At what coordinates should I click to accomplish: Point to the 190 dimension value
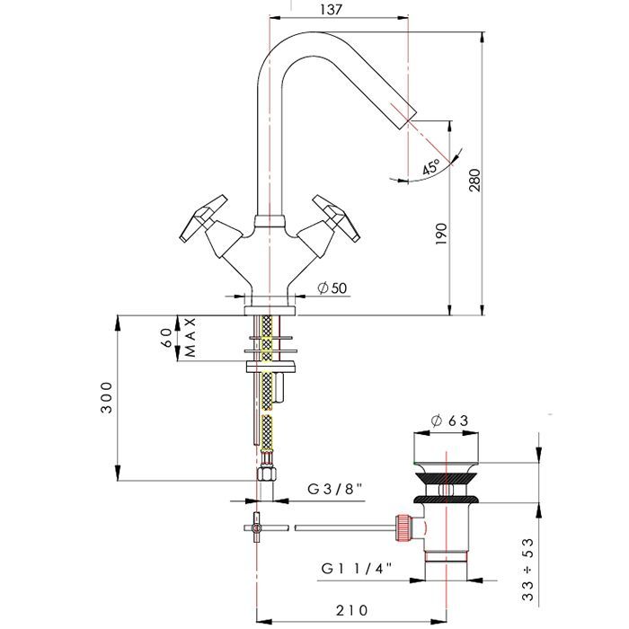point(439,235)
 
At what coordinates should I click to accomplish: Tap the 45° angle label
point(431,167)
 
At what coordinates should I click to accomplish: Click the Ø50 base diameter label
point(332,288)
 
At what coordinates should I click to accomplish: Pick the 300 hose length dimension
point(107,398)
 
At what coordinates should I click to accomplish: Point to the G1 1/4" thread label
point(357,570)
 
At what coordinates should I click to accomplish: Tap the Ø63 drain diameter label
point(449,421)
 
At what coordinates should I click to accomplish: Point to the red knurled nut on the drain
point(405,527)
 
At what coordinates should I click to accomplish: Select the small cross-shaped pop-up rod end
point(256,527)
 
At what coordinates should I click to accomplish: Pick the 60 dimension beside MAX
point(165,338)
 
